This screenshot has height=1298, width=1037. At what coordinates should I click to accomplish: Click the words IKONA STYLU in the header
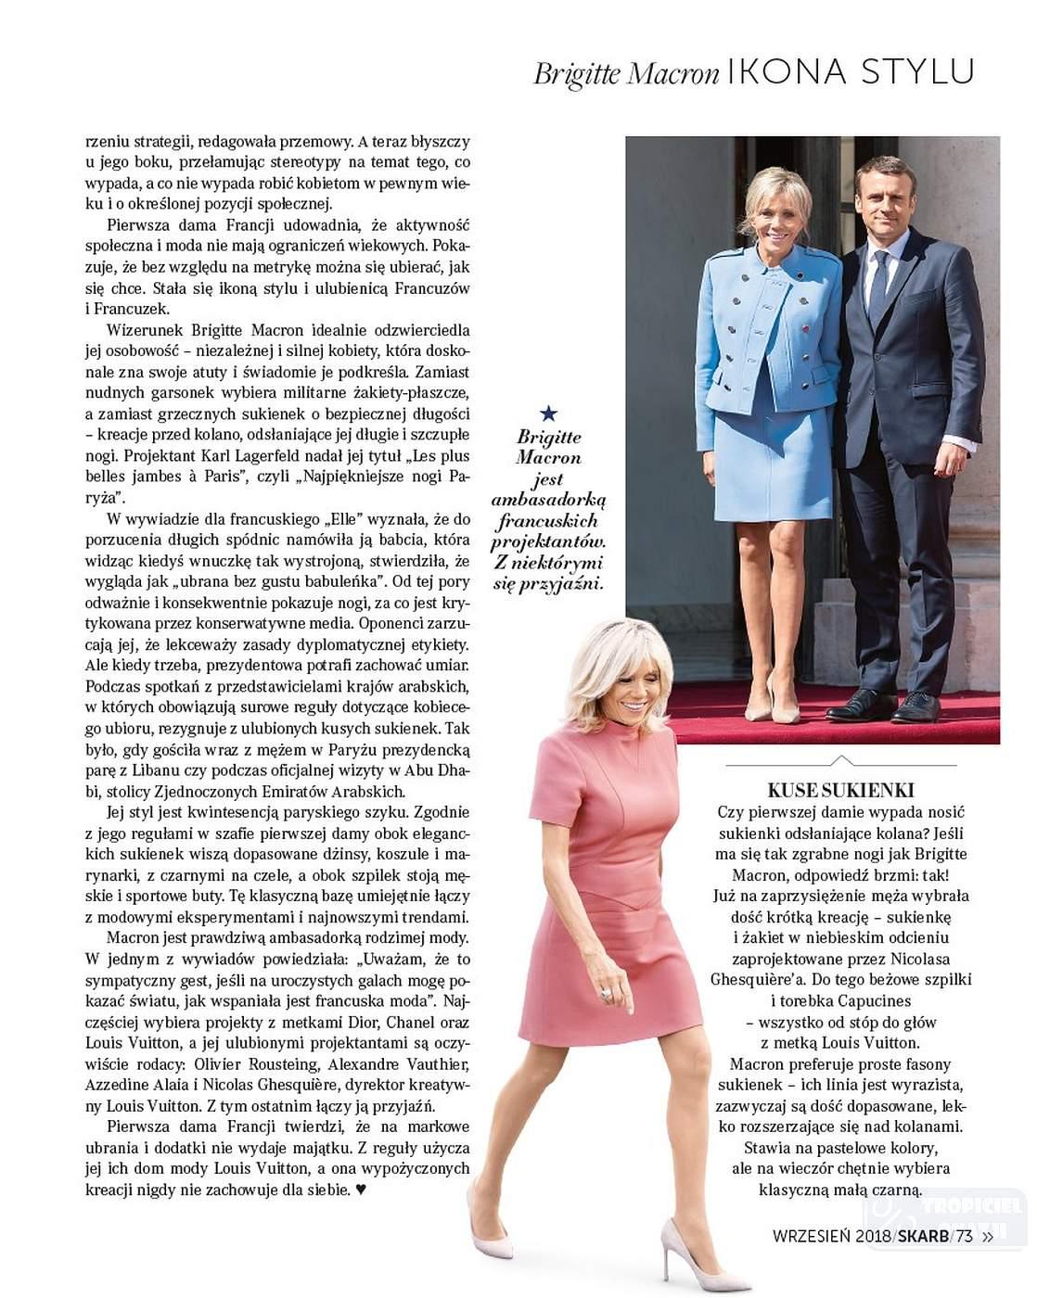tap(851, 71)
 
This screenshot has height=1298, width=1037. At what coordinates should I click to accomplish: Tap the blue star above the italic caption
tap(548, 413)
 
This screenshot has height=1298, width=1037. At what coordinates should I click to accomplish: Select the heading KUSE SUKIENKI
tap(840, 790)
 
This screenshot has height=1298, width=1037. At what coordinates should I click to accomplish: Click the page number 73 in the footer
tap(964, 1235)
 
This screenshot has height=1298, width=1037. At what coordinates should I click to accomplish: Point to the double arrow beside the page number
tap(988, 1235)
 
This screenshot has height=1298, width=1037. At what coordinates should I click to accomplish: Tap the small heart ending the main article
tap(362, 1190)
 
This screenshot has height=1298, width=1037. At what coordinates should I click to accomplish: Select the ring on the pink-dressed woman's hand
tap(607, 994)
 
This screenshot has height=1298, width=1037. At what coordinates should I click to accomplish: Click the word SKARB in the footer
tap(923, 1235)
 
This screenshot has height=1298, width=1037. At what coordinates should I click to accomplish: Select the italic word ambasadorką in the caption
tap(549, 501)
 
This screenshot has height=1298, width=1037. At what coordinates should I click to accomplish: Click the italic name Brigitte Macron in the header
tap(626, 74)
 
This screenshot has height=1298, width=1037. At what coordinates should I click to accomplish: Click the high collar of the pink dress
tap(623, 731)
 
